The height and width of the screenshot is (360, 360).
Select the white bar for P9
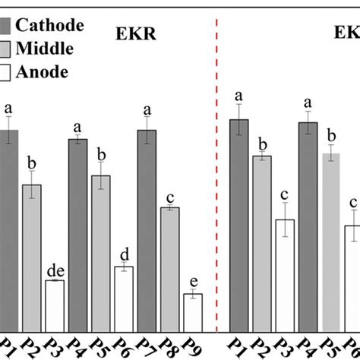(x=192, y=306)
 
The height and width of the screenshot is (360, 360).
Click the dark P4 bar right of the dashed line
(x=308, y=220)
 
